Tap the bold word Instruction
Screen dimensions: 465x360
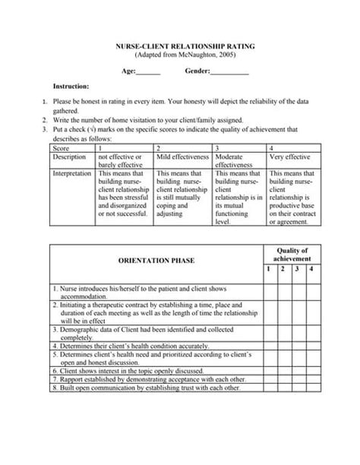click(x=71, y=87)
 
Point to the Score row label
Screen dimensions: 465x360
click(x=61, y=148)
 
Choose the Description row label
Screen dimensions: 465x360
click(x=69, y=157)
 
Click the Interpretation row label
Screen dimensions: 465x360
click(x=73, y=174)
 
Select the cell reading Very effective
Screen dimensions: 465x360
click(x=290, y=157)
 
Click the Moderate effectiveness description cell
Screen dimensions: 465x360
click(x=238, y=161)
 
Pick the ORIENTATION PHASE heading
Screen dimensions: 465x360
click(x=156, y=261)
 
